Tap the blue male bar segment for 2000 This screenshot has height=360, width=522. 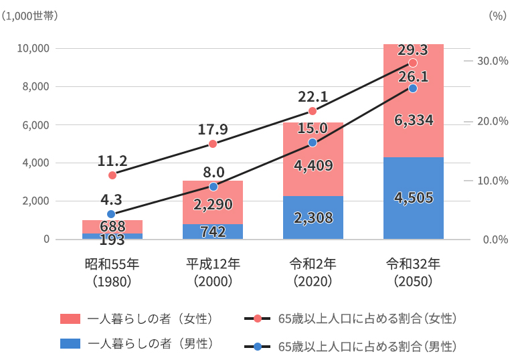[212, 232]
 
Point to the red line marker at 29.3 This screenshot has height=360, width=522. [412, 63]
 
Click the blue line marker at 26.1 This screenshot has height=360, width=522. [412, 88]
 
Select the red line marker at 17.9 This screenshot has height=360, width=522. [213, 144]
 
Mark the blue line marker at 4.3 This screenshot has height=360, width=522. [111, 214]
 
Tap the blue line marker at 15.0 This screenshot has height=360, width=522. [313, 143]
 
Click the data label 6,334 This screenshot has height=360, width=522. [414, 120]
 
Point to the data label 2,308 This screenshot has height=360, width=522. [313, 217]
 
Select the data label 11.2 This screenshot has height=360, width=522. [112, 161]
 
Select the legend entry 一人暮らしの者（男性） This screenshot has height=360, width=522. [151, 343]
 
